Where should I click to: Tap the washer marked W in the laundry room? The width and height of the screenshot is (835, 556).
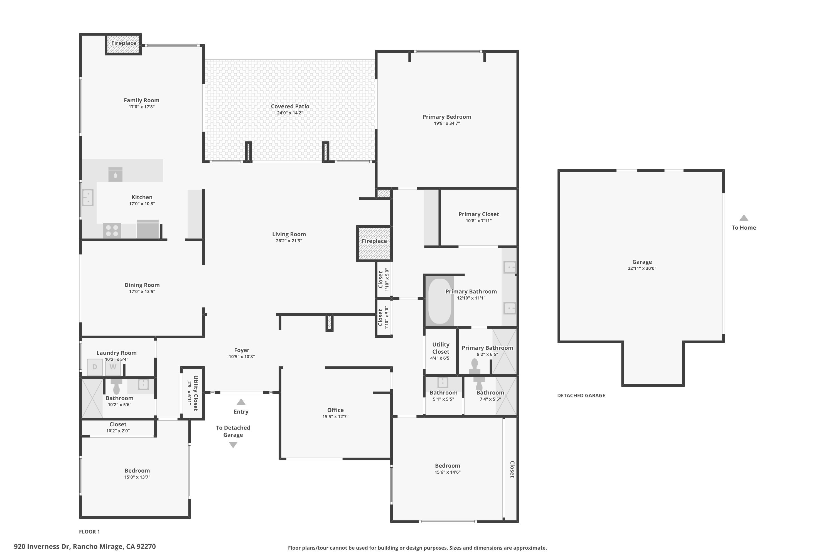click(x=113, y=367)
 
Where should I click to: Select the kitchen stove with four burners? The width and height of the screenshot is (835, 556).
click(x=112, y=230)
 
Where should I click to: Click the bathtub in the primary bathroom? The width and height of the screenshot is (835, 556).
click(x=440, y=301)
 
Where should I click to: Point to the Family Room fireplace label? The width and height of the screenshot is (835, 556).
click(x=124, y=43)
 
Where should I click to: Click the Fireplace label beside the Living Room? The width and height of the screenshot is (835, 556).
click(x=374, y=241)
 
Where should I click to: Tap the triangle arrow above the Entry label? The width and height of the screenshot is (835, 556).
click(x=241, y=402)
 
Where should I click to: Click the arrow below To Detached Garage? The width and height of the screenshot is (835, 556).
click(x=233, y=445)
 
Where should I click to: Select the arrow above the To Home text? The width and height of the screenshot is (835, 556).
click(x=744, y=218)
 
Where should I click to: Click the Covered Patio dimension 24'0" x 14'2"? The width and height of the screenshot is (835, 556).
click(x=290, y=113)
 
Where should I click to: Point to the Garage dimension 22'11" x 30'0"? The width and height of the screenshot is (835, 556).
click(x=642, y=269)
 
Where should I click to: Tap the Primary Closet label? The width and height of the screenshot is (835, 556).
click(x=478, y=214)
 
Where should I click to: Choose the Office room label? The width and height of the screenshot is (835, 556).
click(x=335, y=410)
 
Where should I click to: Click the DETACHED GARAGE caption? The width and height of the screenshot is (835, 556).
click(x=581, y=395)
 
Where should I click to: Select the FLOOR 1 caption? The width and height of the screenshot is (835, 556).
click(x=89, y=532)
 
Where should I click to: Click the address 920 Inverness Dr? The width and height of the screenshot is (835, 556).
click(x=42, y=547)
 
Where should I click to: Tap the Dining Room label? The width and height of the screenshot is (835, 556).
click(x=142, y=285)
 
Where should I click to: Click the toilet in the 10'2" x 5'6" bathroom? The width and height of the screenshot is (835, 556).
click(x=116, y=386)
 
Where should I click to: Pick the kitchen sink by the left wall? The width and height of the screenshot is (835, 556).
click(x=88, y=197)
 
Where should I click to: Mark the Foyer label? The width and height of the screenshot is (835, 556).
click(x=242, y=350)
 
